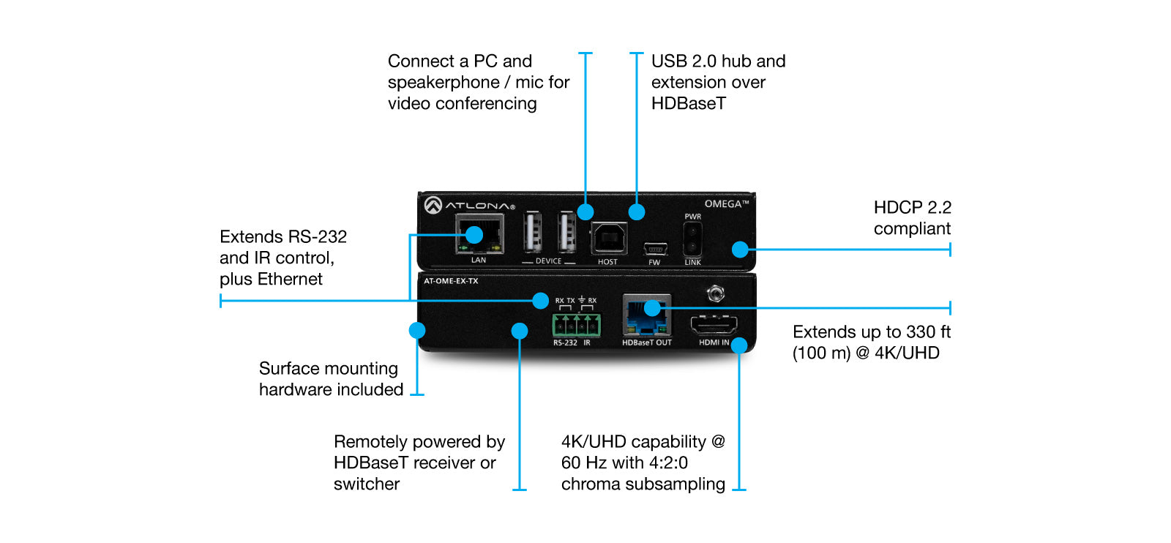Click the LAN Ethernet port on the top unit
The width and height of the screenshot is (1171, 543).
479,235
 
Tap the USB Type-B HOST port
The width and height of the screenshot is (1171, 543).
609,238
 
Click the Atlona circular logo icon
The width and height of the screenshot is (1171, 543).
433,206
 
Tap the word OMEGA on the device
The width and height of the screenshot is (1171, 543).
723,203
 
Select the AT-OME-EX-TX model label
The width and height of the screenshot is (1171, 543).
451,281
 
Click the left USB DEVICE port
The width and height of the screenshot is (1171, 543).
532,233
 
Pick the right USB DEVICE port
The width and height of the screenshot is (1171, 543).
566,233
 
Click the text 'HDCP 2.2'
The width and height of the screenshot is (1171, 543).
912,208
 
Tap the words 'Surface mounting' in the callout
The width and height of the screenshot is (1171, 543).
328,368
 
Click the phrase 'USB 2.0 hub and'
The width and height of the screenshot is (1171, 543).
718,61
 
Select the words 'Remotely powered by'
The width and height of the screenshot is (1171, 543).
419,442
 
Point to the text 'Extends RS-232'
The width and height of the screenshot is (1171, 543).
283,237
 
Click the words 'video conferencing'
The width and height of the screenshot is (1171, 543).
462,104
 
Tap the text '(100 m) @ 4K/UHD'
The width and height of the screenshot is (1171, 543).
865,353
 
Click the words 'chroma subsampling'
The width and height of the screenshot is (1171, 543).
643,484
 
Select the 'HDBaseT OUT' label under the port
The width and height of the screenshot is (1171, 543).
646,342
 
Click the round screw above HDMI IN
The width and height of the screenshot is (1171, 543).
716,294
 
